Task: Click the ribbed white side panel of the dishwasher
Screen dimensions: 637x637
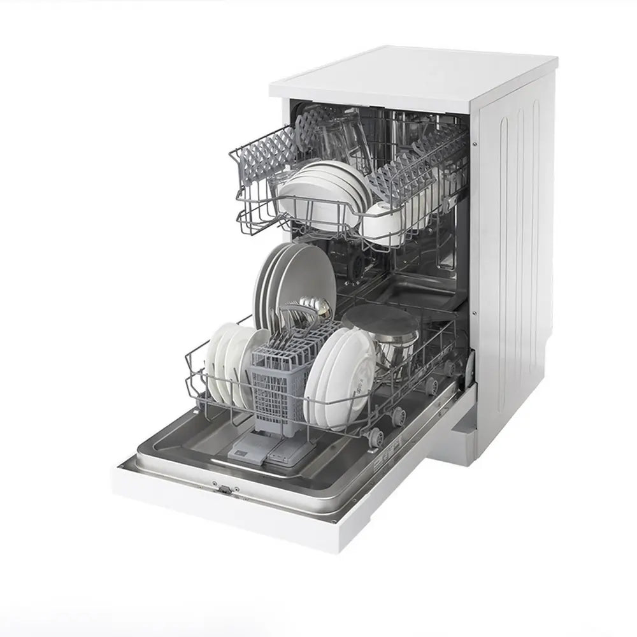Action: [516, 255]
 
